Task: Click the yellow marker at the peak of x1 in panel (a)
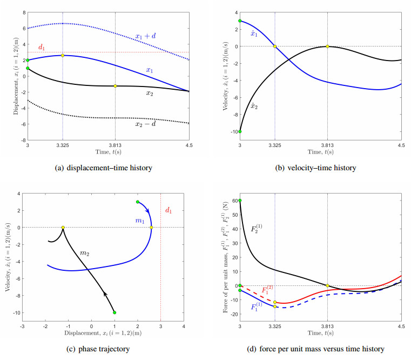63,55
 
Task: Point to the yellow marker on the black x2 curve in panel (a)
115,86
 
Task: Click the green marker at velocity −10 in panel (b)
240,131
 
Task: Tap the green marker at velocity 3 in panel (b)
240,21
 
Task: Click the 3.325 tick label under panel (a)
63,145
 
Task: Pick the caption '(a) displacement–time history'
103,168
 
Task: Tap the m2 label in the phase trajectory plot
84,252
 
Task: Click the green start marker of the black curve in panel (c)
114,312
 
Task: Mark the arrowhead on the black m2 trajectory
105,293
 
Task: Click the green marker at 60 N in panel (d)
240,201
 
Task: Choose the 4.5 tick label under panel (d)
401,327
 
